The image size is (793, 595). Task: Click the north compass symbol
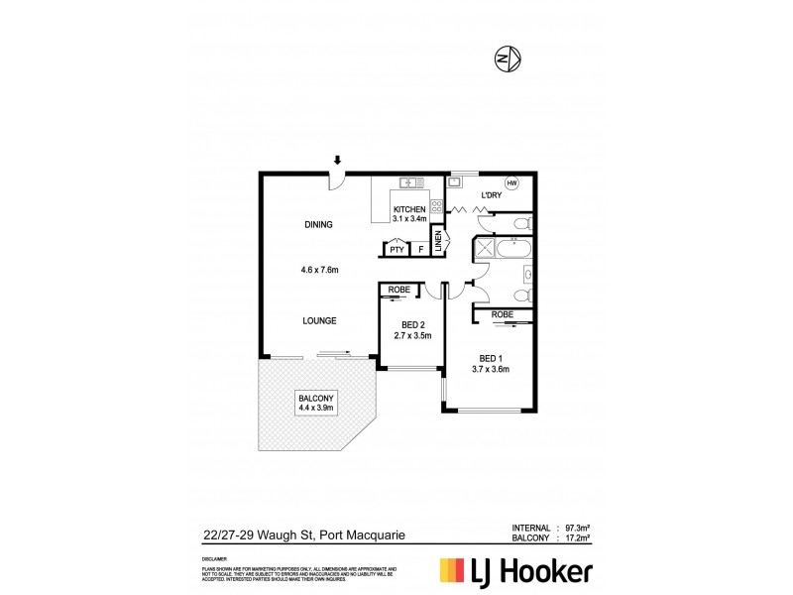pos(507,59)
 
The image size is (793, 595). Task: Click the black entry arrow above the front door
pos(338,160)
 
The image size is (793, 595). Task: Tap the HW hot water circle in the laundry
pos(512,182)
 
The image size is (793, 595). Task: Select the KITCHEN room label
pos(409,210)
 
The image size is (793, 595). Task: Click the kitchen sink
pos(411,182)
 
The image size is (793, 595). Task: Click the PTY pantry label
pos(396,250)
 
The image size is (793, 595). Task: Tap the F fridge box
pos(420,250)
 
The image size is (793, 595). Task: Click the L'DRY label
pos(491,196)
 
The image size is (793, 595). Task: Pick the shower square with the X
pos(485,247)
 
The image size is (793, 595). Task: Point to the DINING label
pos(318,225)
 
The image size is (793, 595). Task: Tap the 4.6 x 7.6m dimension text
pos(320,270)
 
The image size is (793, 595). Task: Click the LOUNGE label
pos(319,320)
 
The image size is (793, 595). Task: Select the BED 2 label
pos(413,324)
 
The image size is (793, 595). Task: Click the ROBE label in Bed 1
pos(503,314)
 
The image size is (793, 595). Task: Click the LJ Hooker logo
pos(515,571)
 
